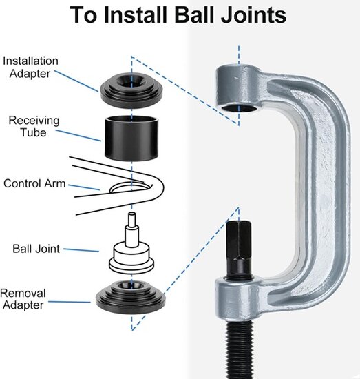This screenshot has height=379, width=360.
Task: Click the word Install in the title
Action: point(136,14)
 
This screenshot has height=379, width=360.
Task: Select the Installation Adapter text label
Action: point(30,68)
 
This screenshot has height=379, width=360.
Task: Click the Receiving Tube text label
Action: point(34,126)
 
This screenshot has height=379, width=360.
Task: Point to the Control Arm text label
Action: point(34,183)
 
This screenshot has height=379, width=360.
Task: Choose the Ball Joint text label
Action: point(36,249)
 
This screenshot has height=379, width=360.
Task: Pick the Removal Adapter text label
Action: point(23,299)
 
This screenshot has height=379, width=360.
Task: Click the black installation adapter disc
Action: point(131,91)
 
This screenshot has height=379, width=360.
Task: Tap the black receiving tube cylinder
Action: point(131,139)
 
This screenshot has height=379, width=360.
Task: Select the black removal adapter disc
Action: point(131,297)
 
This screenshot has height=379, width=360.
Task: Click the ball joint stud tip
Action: point(132,214)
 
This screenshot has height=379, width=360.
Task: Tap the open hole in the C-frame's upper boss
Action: point(239,108)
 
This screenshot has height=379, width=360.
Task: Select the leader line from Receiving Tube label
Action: point(78,135)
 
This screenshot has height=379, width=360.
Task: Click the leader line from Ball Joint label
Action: point(81,250)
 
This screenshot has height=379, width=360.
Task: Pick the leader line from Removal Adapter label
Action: point(70,302)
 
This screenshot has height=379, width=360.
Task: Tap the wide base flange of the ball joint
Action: point(131,266)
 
